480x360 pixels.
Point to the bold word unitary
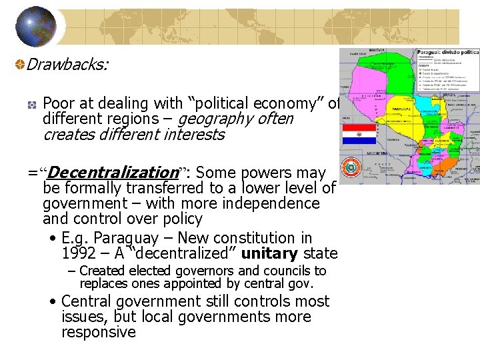(270, 254)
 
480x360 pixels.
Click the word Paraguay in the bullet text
(127, 238)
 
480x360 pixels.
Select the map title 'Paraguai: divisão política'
(447, 52)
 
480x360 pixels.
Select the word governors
(203, 271)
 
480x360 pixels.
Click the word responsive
(99, 332)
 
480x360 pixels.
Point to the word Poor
(58, 104)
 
